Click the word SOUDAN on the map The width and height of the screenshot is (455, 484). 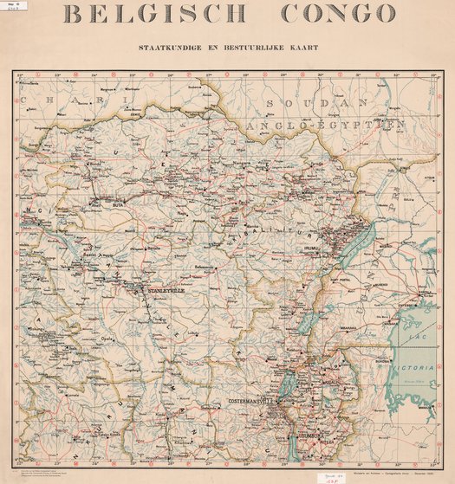299,103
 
